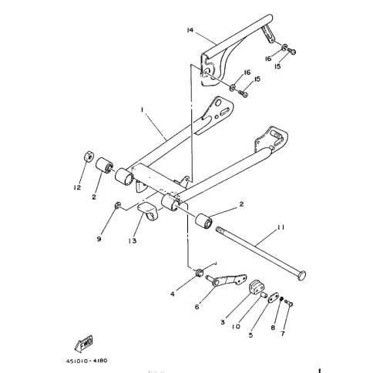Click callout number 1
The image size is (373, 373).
(x=143, y=110)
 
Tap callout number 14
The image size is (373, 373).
(x=188, y=30)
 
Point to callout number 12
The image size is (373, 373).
(x=76, y=186)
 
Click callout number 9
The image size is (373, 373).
(x=99, y=239)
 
